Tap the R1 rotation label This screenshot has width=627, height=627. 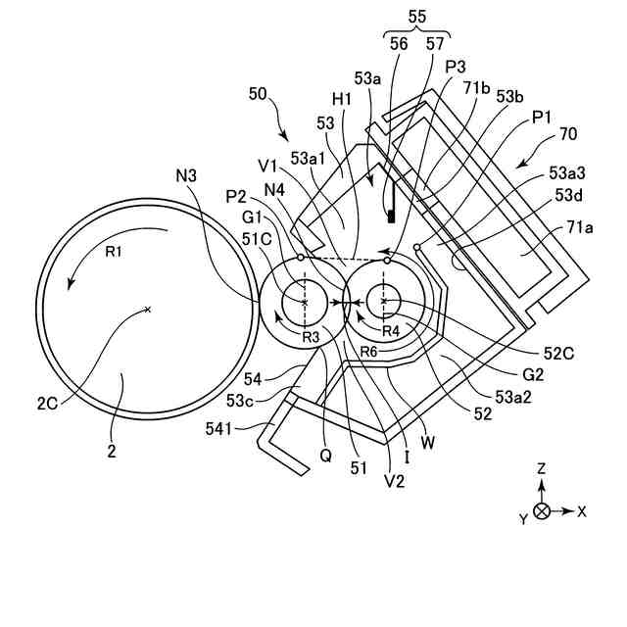[x=114, y=251]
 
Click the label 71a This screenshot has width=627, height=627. [x=580, y=227]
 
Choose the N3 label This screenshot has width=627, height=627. [x=186, y=175]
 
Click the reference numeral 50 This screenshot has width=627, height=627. [x=258, y=95]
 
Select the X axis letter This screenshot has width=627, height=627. [x=582, y=511]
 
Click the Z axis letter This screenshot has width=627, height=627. [x=541, y=469]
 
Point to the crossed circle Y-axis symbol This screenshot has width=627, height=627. [x=542, y=511]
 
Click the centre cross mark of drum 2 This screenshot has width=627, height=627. [x=147, y=310]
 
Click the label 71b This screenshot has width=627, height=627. [x=478, y=88]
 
